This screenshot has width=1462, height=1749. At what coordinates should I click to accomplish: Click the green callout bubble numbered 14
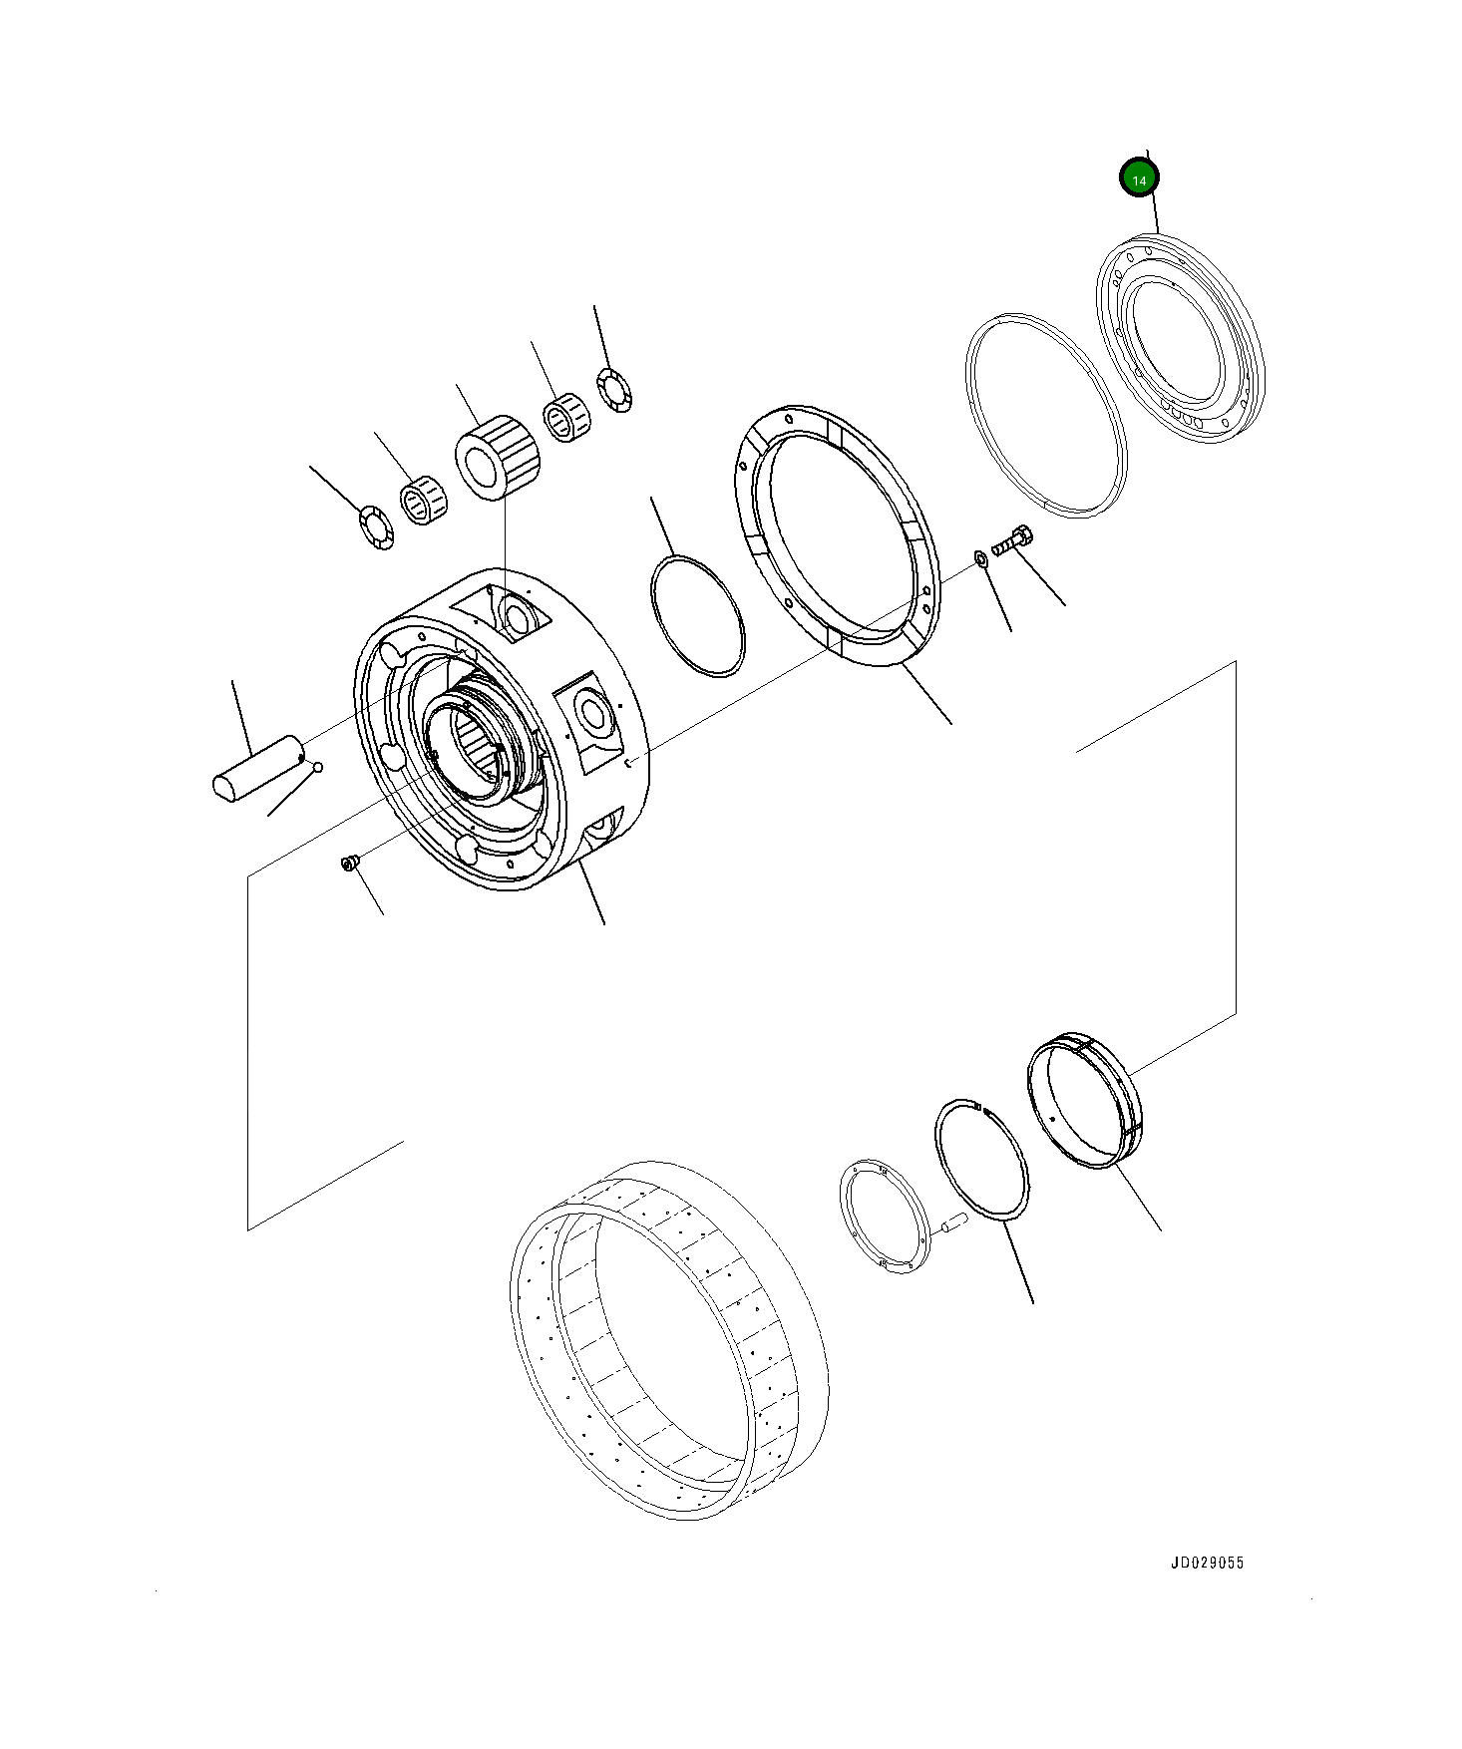(x=1139, y=178)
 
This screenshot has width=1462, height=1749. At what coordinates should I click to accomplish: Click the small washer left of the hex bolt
(x=980, y=558)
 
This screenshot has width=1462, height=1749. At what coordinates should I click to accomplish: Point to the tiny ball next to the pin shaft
(x=318, y=767)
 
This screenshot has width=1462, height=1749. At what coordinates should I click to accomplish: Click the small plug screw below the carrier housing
(x=349, y=861)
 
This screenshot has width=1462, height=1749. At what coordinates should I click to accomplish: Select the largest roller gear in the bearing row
(x=498, y=458)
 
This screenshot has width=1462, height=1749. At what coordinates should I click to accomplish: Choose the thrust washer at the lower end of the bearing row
(x=377, y=527)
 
